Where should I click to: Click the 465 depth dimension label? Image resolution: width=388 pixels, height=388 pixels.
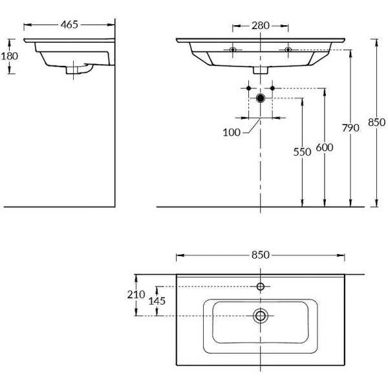pos(69,25)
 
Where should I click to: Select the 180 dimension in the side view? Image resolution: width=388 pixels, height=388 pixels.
pos(9,56)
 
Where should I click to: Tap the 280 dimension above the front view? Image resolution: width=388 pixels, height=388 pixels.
pos(261,26)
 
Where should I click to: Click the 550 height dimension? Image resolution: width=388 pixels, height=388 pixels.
pos(298,152)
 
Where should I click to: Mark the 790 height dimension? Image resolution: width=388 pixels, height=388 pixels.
pos(350,128)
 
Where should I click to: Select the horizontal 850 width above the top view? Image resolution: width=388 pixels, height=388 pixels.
pos(261,255)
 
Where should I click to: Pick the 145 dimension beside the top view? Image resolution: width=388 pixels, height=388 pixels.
pos(157,301)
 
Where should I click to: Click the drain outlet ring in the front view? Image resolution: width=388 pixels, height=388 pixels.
pos(261,98)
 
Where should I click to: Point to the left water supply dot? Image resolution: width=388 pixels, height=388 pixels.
pos(248,87)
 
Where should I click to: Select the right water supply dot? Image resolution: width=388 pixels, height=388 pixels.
pos(273,87)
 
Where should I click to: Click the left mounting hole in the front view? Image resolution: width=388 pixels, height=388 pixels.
pos(233,49)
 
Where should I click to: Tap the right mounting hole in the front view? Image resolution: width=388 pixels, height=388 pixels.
pos(288,49)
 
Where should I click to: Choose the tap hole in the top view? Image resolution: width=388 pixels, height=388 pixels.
pos(261,286)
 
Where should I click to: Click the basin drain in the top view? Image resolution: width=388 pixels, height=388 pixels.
pos(261,316)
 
